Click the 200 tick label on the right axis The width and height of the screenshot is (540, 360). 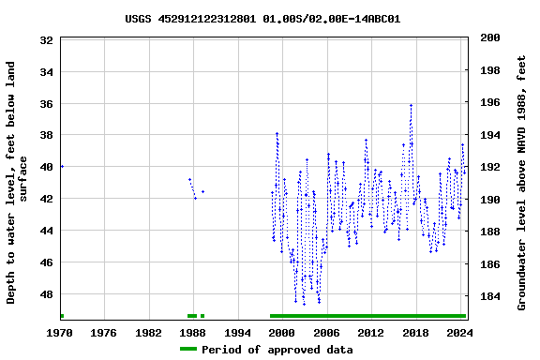point(488,37)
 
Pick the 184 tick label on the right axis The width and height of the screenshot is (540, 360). point(488,297)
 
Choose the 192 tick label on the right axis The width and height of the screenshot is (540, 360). point(488,167)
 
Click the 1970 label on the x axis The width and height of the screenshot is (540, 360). point(61,333)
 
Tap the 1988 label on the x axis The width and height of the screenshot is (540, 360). point(193,333)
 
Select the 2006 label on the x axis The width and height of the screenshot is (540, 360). point(326,333)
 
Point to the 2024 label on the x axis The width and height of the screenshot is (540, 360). point(458,333)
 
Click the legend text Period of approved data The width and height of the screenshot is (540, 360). point(277,350)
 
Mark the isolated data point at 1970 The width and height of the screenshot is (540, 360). point(62,166)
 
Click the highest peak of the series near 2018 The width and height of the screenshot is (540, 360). point(411,105)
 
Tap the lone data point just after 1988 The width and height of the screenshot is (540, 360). point(202,191)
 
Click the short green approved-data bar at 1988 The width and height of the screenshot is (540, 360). point(192,316)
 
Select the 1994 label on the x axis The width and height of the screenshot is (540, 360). point(238,333)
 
